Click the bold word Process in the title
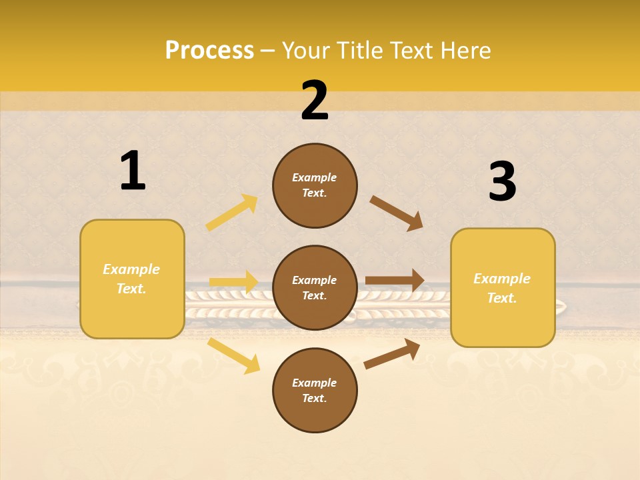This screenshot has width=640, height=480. (209, 51)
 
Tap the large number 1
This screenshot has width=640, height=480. (133, 171)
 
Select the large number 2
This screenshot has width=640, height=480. (315, 101)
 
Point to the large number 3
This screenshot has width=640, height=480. (502, 181)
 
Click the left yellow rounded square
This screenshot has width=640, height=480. (132, 279)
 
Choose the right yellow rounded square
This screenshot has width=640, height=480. (503, 288)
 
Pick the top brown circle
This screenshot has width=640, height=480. (315, 185)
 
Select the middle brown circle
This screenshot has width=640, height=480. (315, 288)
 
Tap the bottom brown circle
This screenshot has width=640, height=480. (315, 391)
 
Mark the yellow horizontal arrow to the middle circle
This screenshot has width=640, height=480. (233, 282)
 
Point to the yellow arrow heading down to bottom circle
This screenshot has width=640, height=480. (233, 355)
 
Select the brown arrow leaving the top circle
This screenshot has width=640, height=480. (397, 213)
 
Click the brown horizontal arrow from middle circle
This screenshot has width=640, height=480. (395, 281)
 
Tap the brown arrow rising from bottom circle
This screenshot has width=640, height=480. (392, 354)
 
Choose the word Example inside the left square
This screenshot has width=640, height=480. (131, 269)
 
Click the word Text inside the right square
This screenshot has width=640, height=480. (502, 298)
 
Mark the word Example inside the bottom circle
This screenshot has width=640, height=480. (315, 383)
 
